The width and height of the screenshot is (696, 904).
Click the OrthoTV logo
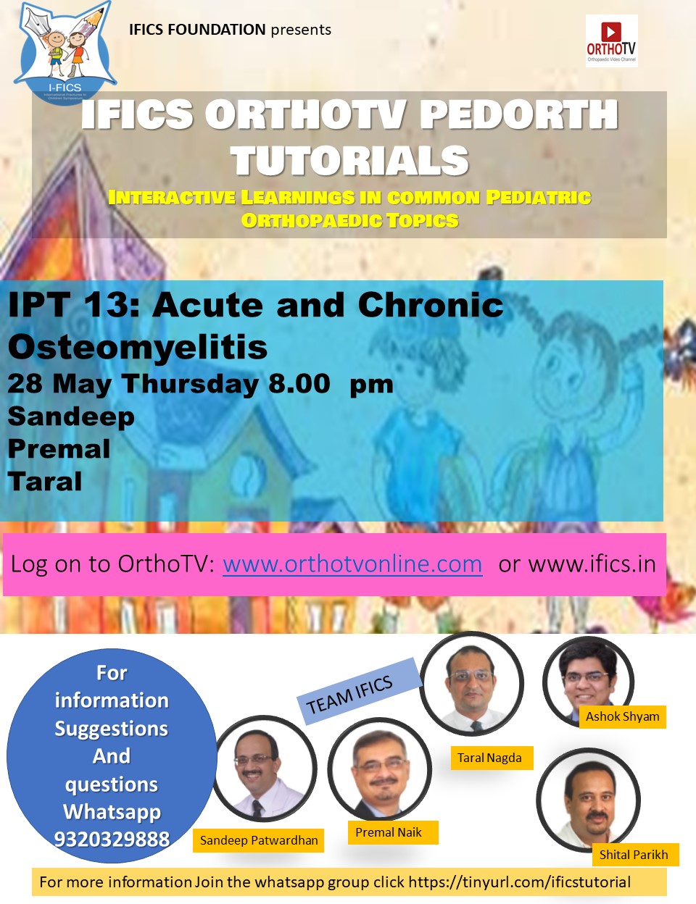[x=611, y=41]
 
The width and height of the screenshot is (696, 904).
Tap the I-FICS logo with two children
[x=65, y=52]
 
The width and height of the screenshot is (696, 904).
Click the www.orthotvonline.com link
[x=352, y=564]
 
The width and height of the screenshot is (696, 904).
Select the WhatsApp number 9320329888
[x=112, y=839]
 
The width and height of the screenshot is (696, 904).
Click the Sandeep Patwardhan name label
[x=259, y=840]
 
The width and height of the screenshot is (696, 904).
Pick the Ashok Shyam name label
[x=622, y=716]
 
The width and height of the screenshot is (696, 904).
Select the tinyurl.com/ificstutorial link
[x=520, y=882]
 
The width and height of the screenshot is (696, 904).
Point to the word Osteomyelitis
[x=137, y=346]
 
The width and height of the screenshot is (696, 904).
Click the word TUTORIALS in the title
[x=349, y=160]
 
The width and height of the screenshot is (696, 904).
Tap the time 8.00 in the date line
[x=299, y=384]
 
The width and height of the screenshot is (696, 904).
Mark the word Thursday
[x=190, y=384]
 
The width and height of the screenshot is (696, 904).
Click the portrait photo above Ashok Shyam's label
[x=588, y=682]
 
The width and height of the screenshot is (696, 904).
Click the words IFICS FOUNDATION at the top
[x=197, y=30]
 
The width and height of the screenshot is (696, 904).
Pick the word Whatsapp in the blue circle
[x=112, y=812]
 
